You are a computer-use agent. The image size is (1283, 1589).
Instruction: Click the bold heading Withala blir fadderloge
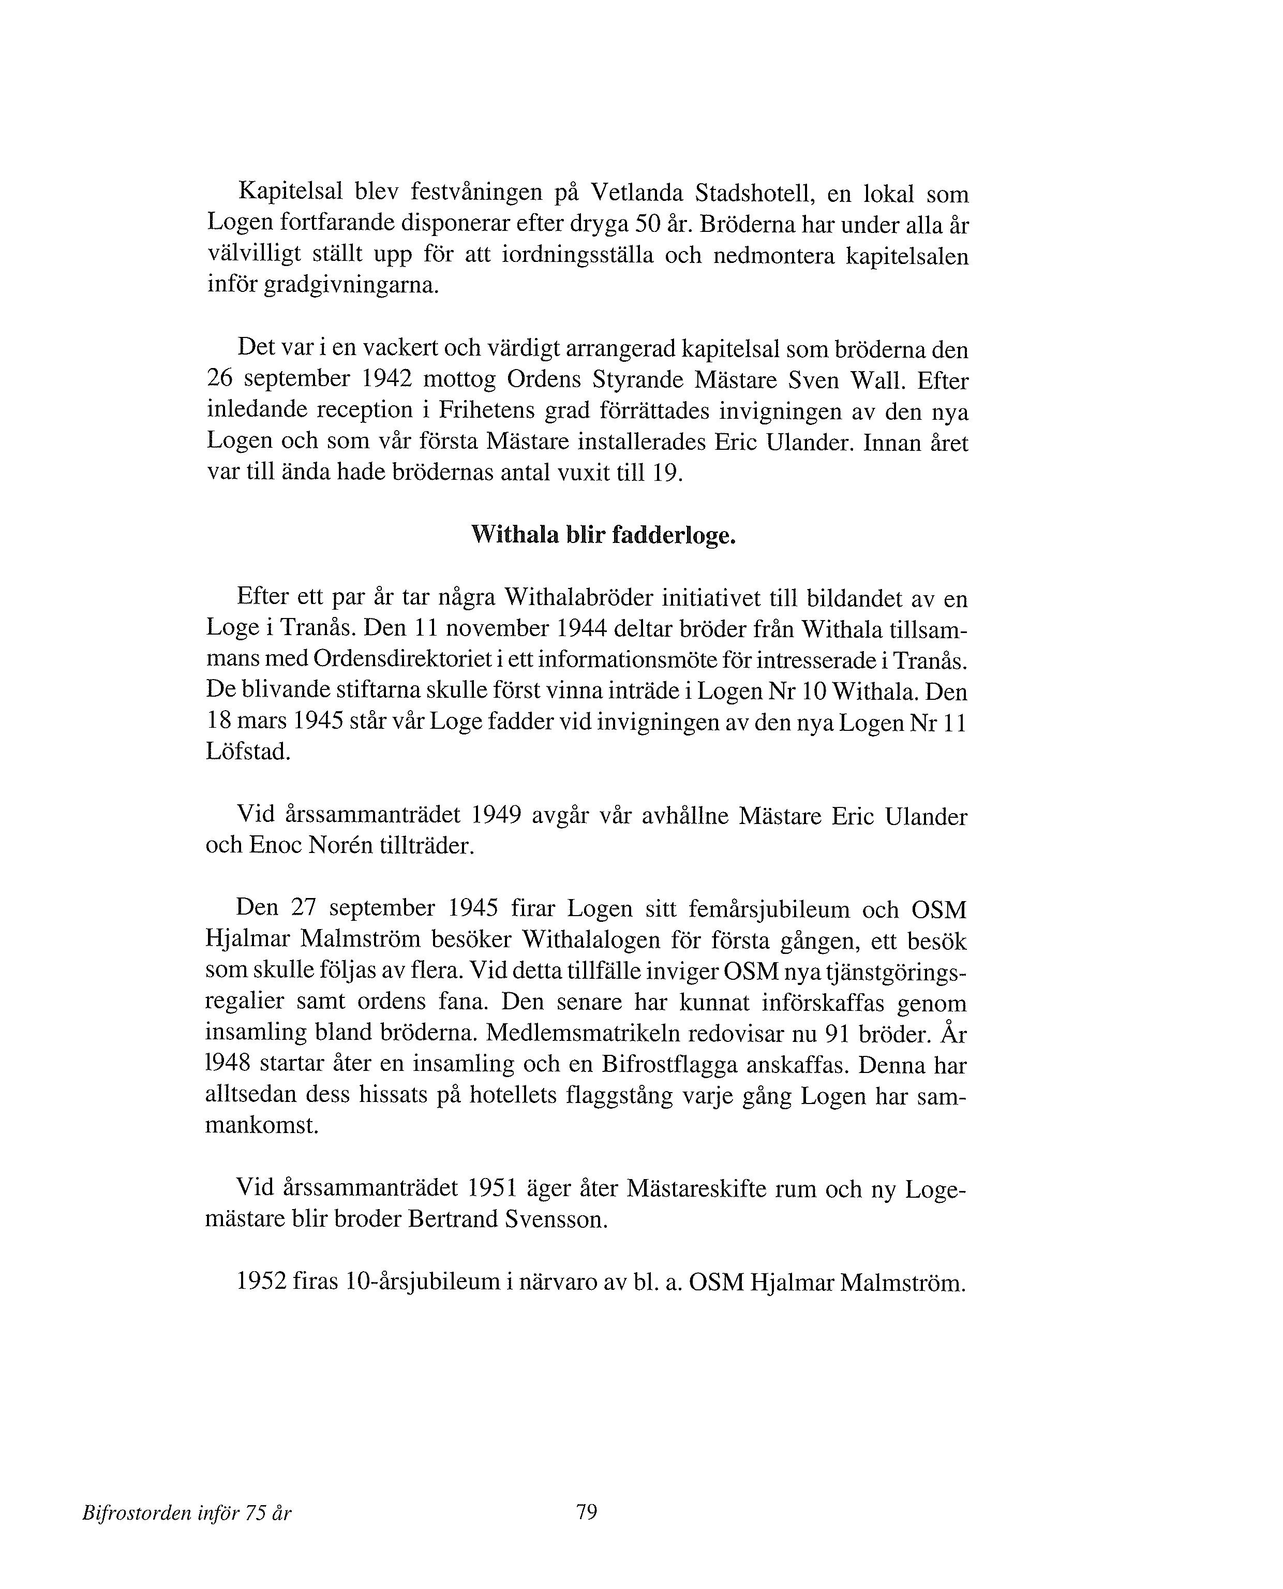pyautogui.click(x=603, y=535)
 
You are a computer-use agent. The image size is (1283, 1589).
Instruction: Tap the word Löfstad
pyautogui.click(x=248, y=752)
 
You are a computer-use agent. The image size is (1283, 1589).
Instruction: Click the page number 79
pyautogui.click(x=586, y=1513)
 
